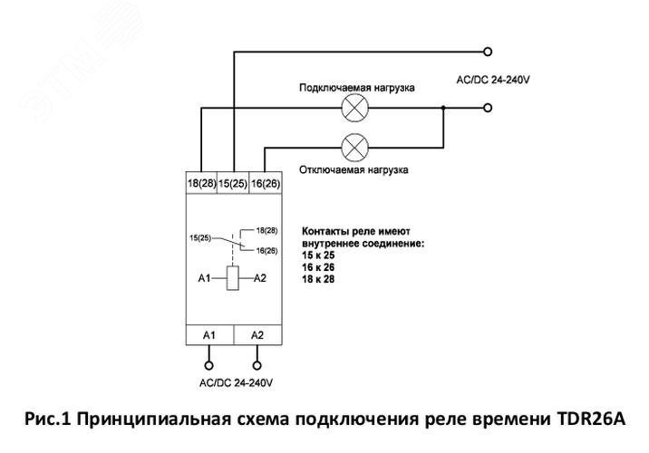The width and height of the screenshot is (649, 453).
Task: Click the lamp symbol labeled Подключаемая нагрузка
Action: [352, 109]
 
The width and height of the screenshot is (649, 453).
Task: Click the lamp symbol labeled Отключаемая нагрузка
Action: [352, 145]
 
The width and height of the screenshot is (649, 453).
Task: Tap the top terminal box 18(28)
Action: [201, 183]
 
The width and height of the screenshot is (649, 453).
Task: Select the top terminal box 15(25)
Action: [234, 183]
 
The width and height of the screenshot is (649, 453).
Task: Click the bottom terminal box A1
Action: [209, 334]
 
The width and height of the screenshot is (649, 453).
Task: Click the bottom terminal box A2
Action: [257, 334]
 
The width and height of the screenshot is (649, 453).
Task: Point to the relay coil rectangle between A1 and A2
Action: [233, 278]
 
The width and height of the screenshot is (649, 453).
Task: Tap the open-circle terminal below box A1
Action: [209, 366]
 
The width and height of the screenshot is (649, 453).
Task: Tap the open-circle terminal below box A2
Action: [257, 366]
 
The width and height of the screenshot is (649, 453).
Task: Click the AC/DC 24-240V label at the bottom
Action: [234, 383]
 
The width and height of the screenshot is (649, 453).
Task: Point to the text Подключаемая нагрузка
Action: [357, 88]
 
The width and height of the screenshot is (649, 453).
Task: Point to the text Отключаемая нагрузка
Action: [354, 169]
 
